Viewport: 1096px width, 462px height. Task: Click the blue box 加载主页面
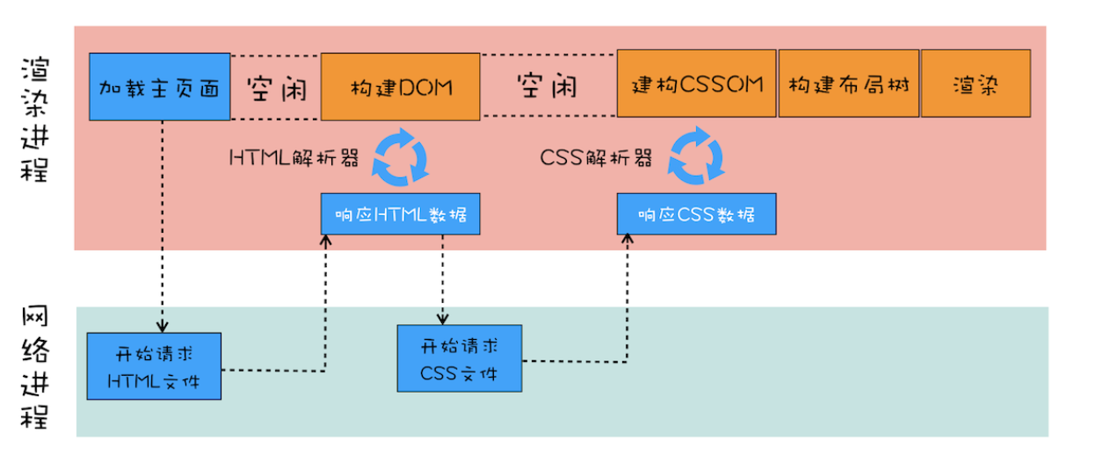tap(159, 86)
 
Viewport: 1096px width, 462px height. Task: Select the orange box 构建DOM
tap(400, 86)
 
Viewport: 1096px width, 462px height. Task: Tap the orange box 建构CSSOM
tap(697, 84)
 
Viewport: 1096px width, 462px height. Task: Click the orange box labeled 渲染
tap(976, 84)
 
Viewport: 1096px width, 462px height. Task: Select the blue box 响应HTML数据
tap(400, 214)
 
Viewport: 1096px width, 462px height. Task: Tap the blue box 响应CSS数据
tap(696, 214)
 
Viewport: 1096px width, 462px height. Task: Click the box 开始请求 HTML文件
tap(154, 366)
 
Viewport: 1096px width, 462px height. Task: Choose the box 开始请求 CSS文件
tap(460, 358)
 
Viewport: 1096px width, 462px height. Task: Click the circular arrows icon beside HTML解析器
tap(400, 156)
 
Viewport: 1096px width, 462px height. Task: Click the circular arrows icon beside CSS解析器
tap(696, 156)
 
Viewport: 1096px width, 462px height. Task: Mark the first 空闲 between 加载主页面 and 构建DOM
tap(275, 87)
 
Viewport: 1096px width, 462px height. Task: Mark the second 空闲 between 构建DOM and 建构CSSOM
tap(547, 86)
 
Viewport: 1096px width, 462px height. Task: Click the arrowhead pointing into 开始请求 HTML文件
tap(162, 328)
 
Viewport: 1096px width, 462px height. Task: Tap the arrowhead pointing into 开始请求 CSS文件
tap(442, 320)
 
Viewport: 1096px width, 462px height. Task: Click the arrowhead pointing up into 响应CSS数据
tap(628, 240)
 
